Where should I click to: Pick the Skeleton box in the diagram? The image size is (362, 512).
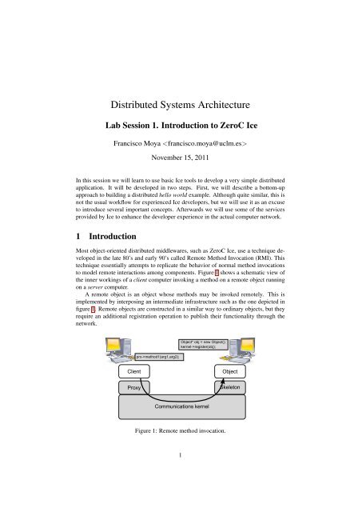(231, 387)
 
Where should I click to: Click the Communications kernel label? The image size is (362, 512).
(181, 407)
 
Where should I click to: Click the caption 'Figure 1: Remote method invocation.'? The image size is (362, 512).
(181, 431)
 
